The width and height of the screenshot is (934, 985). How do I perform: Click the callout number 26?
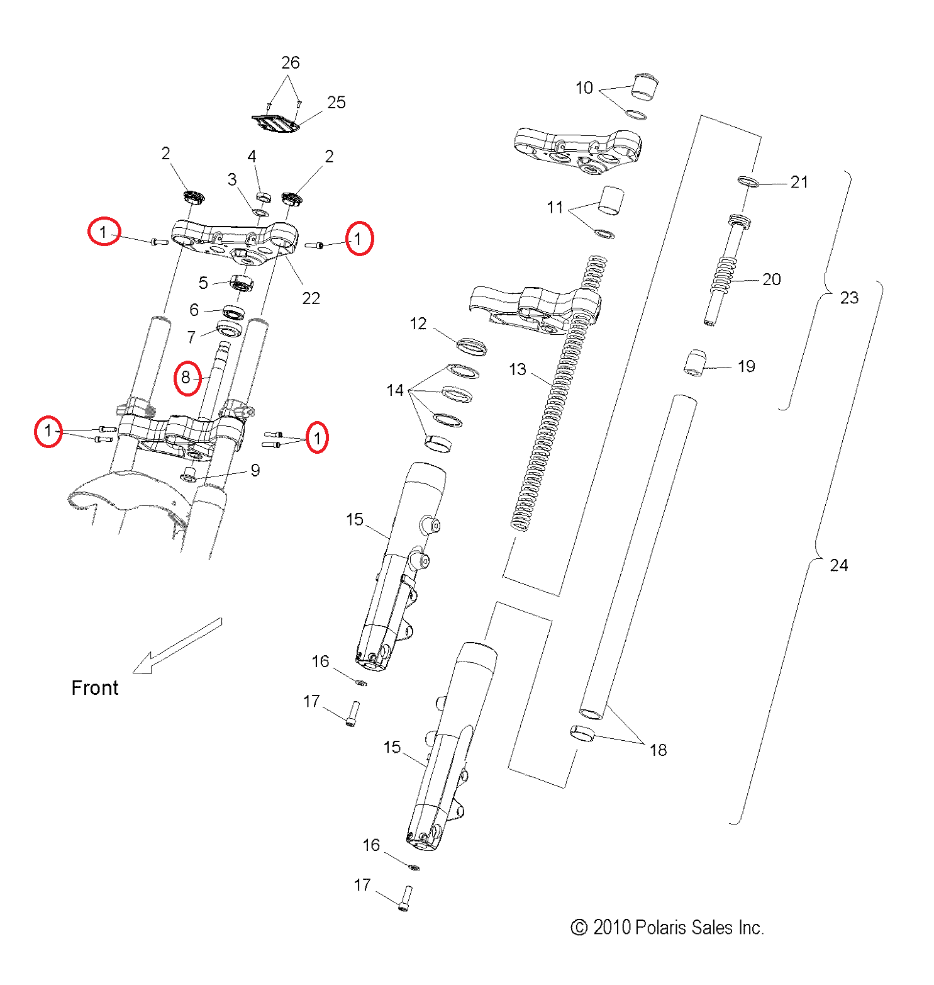(x=290, y=63)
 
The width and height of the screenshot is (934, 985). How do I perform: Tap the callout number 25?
(x=336, y=103)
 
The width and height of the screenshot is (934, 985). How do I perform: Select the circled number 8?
(x=187, y=378)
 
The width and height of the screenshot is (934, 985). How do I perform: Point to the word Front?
(x=94, y=688)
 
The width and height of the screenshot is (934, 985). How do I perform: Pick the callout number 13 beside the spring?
(x=517, y=369)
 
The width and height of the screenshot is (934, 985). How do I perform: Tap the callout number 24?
(x=838, y=565)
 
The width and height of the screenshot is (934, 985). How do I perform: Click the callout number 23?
(x=849, y=298)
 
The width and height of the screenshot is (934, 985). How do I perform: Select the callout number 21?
(x=799, y=183)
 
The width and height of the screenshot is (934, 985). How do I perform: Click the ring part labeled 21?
(x=748, y=182)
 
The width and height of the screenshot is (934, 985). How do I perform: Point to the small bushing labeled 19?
(x=694, y=363)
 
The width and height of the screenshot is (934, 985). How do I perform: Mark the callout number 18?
(x=658, y=750)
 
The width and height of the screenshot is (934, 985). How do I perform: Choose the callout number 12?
(x=418, y=324)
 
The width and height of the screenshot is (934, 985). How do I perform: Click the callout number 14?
(x=394, y=391)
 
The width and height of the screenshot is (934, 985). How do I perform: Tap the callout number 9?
(x=255, y=471)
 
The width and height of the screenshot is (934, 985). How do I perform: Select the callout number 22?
(x=311, y=298)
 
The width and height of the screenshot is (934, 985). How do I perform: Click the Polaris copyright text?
(x=667, y=928)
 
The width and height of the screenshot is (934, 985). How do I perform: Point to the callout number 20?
(x=771, y=279)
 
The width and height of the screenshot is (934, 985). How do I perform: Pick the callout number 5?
(x=203, y=283)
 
